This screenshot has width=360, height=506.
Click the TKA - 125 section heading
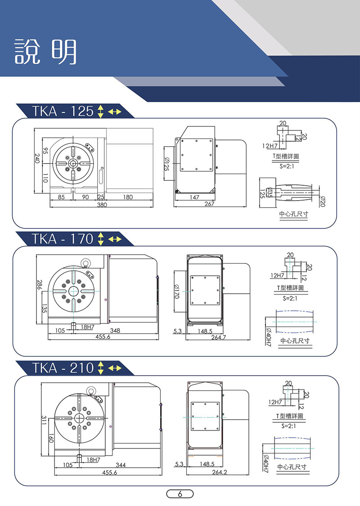[x=63, y=112]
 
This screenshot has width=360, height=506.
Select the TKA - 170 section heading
[x=63, y=239]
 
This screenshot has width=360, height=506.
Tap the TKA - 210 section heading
[x=63, y=368]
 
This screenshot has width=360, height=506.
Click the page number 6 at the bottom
[x=180, y=494]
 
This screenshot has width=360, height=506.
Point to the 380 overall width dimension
[x=102, y=205]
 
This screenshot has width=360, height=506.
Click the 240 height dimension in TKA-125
[x=37, y=158]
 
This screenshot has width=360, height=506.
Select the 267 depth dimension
[x=210, y=204]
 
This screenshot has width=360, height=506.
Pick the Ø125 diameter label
[x=166, y=164]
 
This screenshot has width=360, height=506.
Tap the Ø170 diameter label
[x=176, y=291]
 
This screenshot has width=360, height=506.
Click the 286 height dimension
[x=40, y=284]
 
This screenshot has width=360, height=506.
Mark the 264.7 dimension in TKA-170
[x=219, y=337]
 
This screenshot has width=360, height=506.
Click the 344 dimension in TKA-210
[x=121, y=465]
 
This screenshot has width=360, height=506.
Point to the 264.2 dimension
[x=220, y=472]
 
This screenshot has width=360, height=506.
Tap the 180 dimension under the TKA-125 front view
[x=128, y=197]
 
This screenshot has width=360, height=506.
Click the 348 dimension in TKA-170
[x=115, y=331]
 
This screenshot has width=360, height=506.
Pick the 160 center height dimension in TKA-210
[x=51, y=439]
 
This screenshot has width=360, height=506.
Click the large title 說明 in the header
[x=45, y=52]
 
